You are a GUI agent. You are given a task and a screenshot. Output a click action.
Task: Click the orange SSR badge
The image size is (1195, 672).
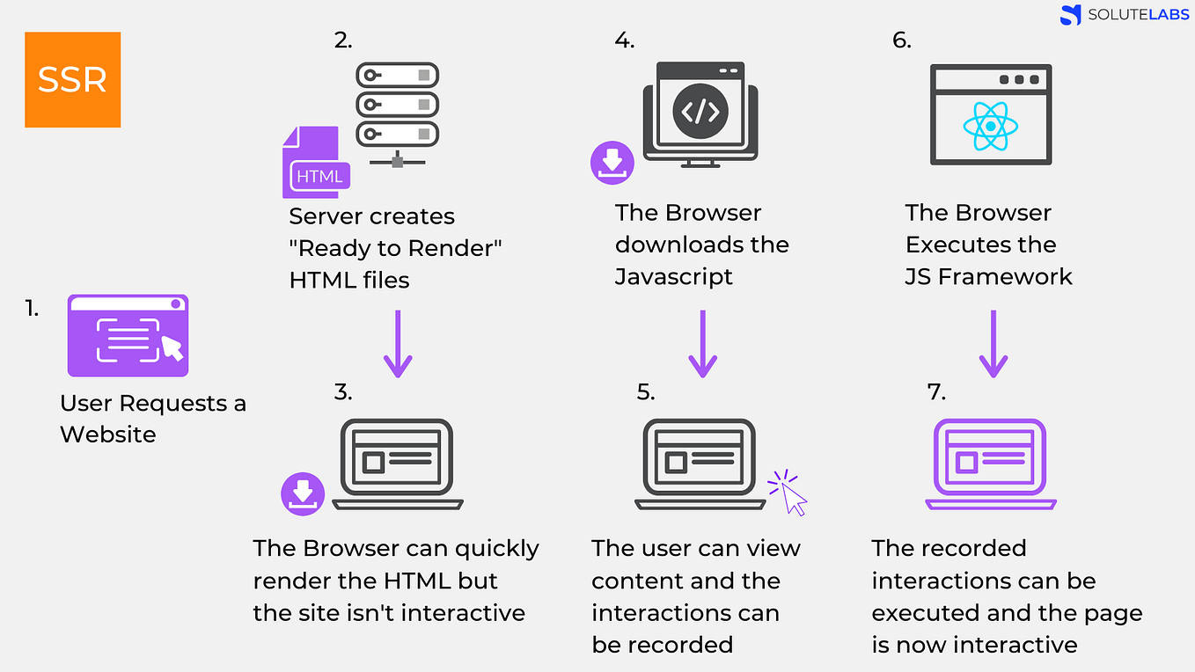pyautogui.click(x=72, y=80)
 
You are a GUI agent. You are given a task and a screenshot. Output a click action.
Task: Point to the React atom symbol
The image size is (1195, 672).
pyautogui.click(x=990, y=126)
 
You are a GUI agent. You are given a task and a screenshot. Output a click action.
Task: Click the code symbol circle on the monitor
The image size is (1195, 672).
pyautogui.click(x=700, y=111)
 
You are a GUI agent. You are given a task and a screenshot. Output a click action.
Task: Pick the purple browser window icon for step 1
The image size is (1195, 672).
pyautogui.click(x=128, y=335)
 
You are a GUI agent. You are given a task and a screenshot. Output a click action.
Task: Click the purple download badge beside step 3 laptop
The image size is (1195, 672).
pyautogui.click(x=303, y=493)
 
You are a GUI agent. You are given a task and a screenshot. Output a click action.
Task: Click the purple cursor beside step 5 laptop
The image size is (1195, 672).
pyautogui.click(x=788, y=493)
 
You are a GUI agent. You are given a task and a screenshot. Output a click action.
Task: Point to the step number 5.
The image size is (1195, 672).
pyautogui.click(x=646, y=392)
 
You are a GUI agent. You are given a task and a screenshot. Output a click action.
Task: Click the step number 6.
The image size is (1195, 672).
pyautogui.click(x=901, y=40)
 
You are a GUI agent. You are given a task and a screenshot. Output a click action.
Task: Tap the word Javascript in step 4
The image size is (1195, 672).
pyautogui.click(x=673, y=276)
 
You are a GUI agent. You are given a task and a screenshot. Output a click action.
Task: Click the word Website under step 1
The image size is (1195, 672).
pyautogui.click(x=107, y=435)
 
